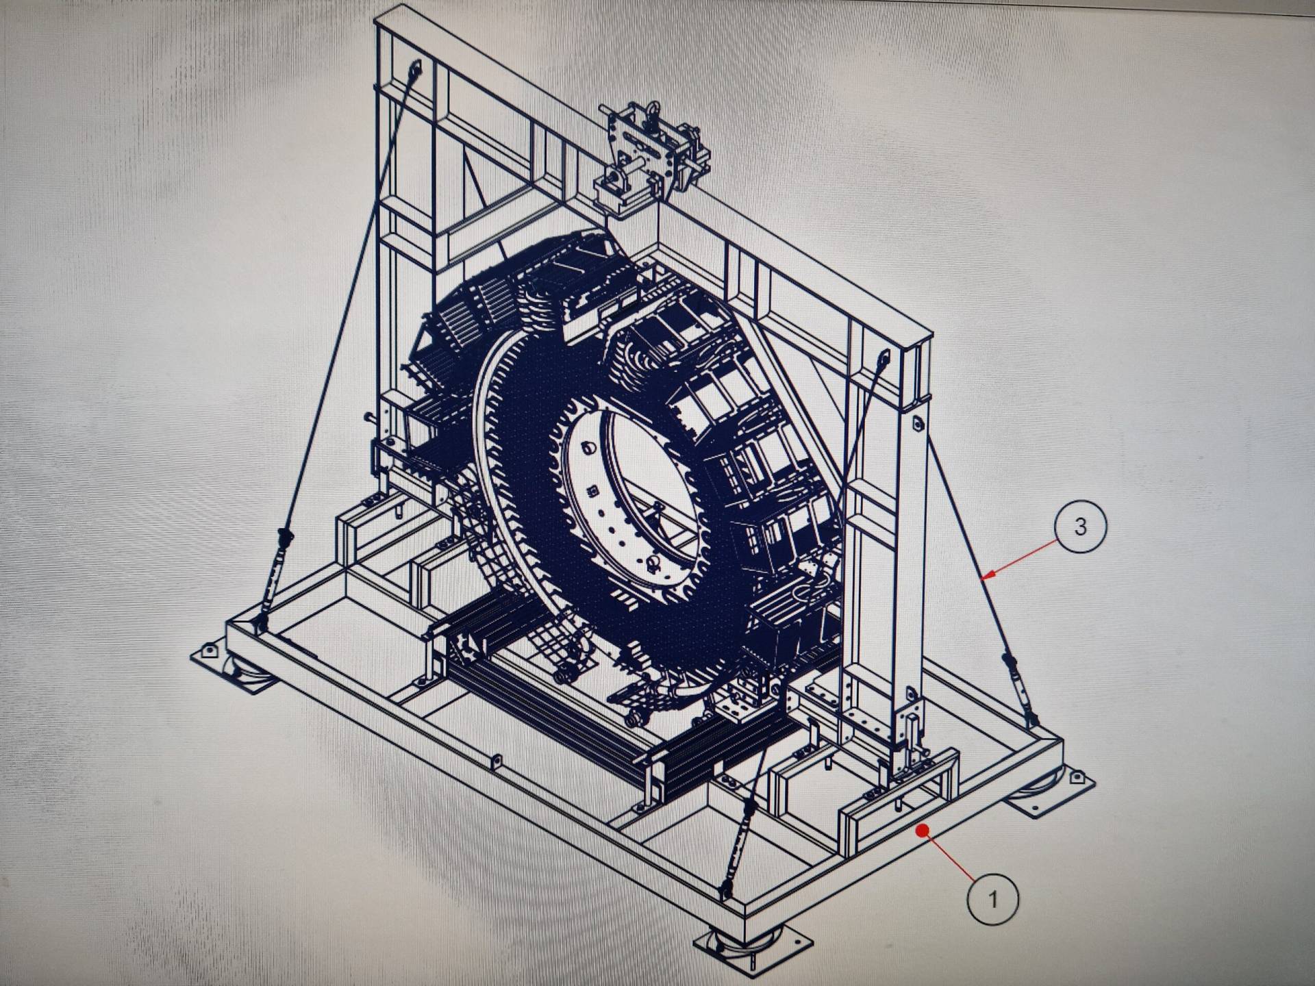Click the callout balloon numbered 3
coord(1080,527)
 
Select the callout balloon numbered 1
coord(992,898)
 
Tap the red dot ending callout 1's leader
coord(923,831)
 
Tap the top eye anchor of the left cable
coord(415,68)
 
